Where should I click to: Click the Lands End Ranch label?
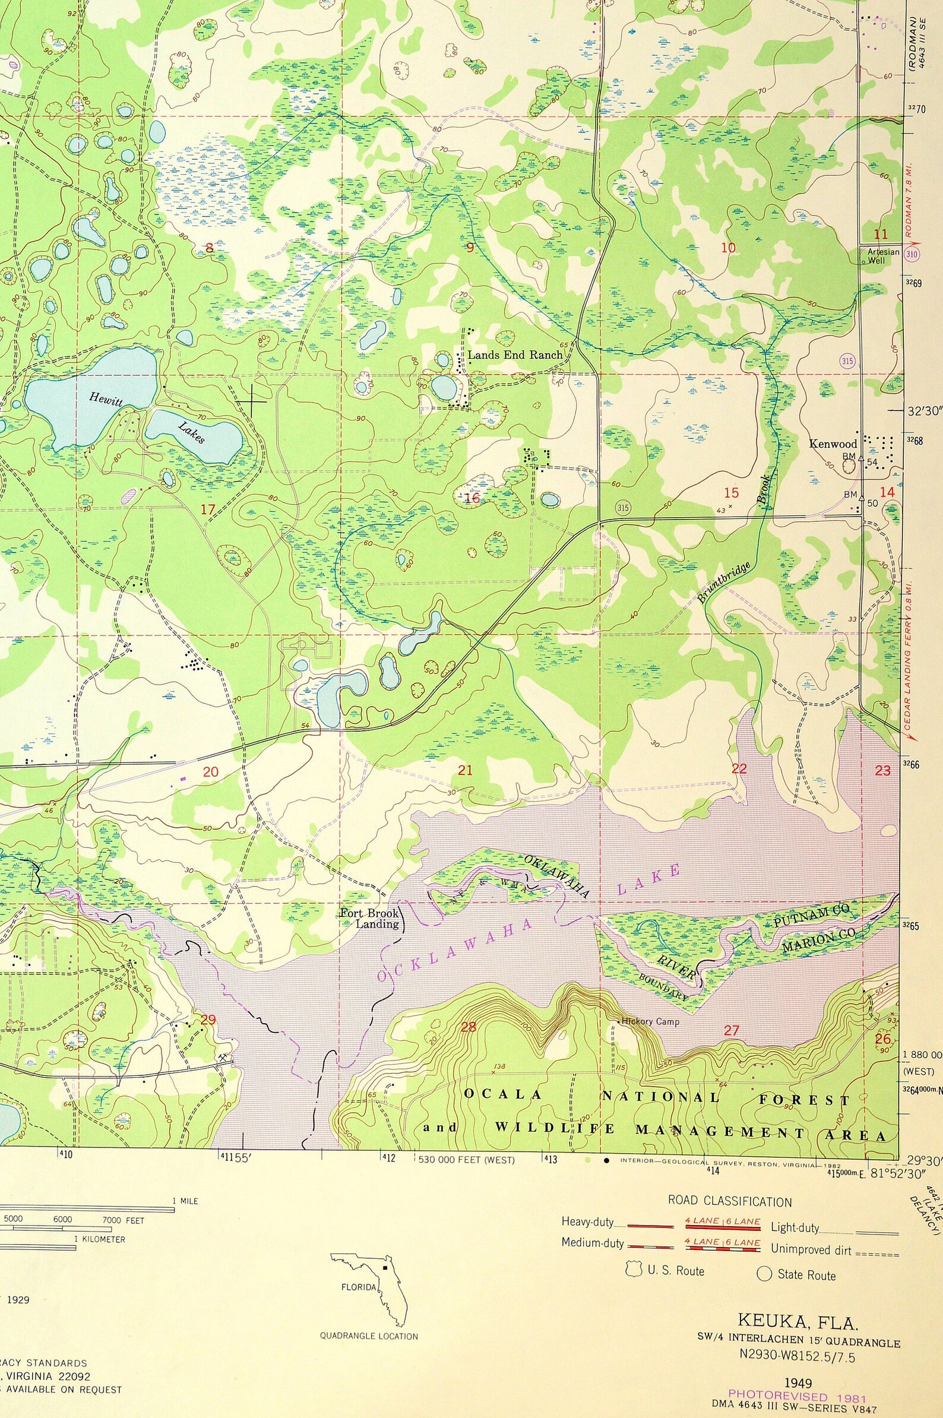[x=515, y=355]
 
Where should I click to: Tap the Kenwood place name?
[x=833, y=444]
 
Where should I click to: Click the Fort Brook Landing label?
[x=370, y=918]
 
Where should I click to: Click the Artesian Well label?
[x=883, y=256]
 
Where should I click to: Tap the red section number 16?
[x=472, y=498]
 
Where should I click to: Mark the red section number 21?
[x=465, y=770]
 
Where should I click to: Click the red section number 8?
[x=209, y=248]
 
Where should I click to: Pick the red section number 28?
[x=468, y=1027]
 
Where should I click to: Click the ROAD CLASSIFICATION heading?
[x=729, y=1201]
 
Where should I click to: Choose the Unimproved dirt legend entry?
[x=811, y=1249]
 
